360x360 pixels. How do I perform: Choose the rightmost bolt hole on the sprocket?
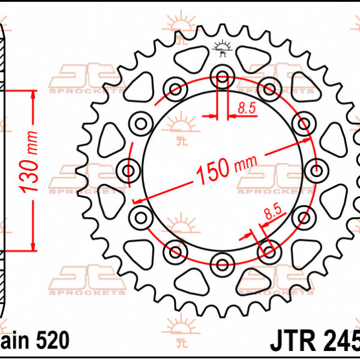(316, 169)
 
